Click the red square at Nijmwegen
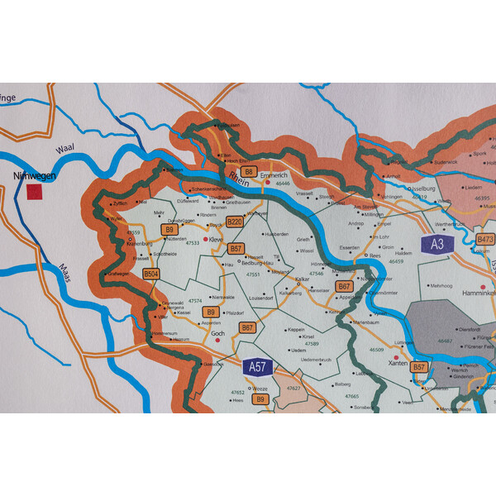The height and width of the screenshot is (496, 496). [x=34, y=192]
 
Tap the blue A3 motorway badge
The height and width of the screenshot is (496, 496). [x=437, y=244]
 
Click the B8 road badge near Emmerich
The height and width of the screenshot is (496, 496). [x=247, y=172]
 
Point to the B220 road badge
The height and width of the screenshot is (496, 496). [x=235, y=222]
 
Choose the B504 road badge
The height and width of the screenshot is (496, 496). [x=150, y=274]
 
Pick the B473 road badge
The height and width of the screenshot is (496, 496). [x=485, y=240]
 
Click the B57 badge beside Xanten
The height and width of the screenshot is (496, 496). [x=419, y=366]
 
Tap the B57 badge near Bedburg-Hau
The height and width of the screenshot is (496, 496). [x=236, y=248]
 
